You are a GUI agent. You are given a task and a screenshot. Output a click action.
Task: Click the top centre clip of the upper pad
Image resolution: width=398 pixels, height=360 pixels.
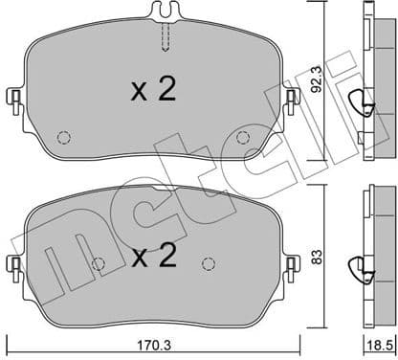point(166,12)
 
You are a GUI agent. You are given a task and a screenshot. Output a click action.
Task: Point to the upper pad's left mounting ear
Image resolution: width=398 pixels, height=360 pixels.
point(13,99)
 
